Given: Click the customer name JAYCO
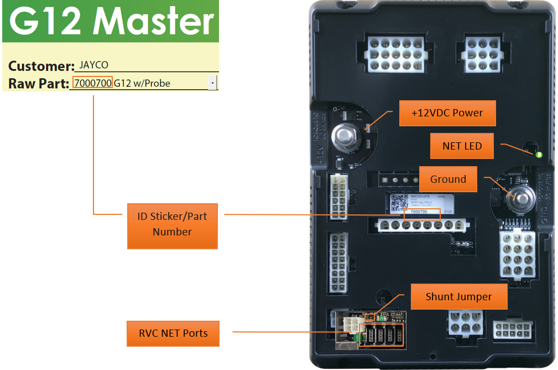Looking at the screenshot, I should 93,65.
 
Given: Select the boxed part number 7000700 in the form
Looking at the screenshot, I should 93,83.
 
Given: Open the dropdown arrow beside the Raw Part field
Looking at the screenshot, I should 212,83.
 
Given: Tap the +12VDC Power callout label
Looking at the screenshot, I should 447,113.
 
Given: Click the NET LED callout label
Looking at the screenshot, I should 462,146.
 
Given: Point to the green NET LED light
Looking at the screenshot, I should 539,155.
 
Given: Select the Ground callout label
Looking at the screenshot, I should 448,179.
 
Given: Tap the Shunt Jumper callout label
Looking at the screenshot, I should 458,297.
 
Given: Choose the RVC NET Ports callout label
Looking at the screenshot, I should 173,333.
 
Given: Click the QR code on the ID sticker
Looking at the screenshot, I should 399,203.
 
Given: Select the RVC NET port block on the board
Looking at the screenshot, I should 382,335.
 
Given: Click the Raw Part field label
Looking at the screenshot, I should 38,84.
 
